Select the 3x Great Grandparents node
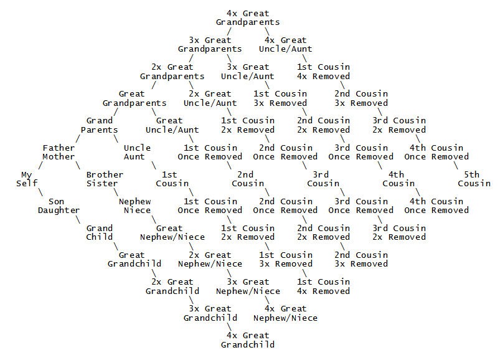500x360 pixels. pyautogui.click(x=210, y=44)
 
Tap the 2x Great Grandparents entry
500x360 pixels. pyautogui.click(x=172, y=71)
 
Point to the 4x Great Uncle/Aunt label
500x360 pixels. pyautogui.click(x=285, y=44)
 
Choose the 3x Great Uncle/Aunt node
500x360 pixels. pyautogui.click(x=248, y=71)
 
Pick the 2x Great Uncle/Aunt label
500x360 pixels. pyautogui.click(x=210, y=98)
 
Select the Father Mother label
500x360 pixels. pyautogui.click(x=59, y=152)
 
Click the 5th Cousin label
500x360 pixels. pyautogui.click(x=474, y=178)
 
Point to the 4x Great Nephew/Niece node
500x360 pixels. pyautogui.click(x=286, y=313)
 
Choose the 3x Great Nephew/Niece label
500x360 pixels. pyautogui.click(x=248, y=286)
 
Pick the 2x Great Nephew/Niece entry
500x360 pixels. pyautogui.click(x=210, y=259)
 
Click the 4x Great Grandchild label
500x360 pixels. pyautogui.click(x=248, y=339)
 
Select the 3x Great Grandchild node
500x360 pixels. pyautogui.click(x=210, y=313)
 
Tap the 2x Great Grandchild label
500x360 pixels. pyautogui.click(x=172, y=286)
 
